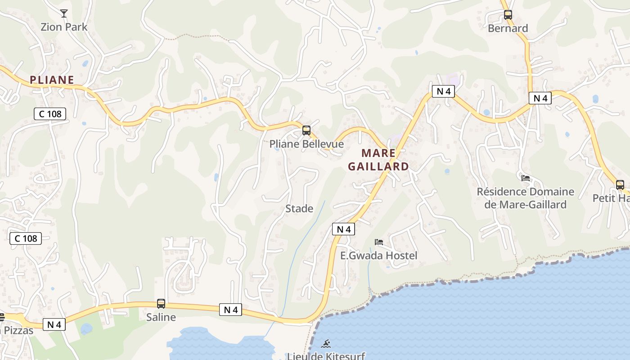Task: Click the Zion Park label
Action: pos(64,27)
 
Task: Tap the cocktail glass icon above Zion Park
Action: pos(64,13)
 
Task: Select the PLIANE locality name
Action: pos(52,80)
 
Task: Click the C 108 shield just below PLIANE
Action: pos(50,114)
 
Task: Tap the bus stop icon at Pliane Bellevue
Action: pos(306,131)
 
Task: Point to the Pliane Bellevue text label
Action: pos(306,144)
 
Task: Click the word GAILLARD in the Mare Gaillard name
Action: pos(378,166)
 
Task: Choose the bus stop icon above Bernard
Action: pos(508,15)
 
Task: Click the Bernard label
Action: pos(508,28)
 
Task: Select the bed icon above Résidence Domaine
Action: pos(526,178)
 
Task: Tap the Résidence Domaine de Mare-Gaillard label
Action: pos(525,198)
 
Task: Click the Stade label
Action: pos(299,209)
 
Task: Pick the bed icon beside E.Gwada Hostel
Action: pos(379,242)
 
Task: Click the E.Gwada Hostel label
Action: pos(378,256)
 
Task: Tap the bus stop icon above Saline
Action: pos(161,304)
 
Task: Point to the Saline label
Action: pos(161,317)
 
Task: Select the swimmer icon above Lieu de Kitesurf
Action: pos(326,344)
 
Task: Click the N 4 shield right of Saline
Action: pos(230,310)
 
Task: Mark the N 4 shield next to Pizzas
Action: pos(54,324)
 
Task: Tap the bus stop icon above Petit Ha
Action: pos(620,185)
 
